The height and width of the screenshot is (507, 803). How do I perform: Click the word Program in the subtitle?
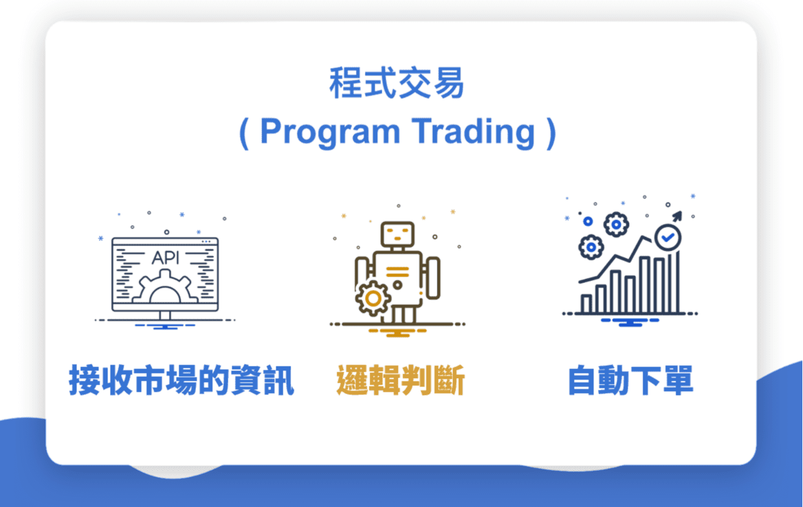coord(330,132)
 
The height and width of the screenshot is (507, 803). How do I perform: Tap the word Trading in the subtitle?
coord(473,131)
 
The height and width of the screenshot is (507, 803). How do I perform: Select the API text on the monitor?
coord(165,258)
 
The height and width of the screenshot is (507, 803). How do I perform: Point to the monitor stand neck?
coord(165,315)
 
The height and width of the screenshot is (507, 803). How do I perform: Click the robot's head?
coord(397,234)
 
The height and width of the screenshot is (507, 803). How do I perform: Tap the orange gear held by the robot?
coord(373,298)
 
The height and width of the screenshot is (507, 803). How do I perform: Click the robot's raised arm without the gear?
coord(433,278)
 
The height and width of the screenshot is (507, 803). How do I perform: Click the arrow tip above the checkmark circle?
coord(680,213)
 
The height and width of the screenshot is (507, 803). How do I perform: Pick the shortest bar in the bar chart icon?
coord(586,304)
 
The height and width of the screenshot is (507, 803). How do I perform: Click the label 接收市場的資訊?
coord(181,380)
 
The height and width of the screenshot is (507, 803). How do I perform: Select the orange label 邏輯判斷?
coord(401,380)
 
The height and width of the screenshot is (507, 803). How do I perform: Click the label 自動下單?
coord(631,380)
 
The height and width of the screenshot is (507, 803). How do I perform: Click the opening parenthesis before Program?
coord(244,133)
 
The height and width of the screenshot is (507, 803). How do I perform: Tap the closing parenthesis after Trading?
coord(552,133)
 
